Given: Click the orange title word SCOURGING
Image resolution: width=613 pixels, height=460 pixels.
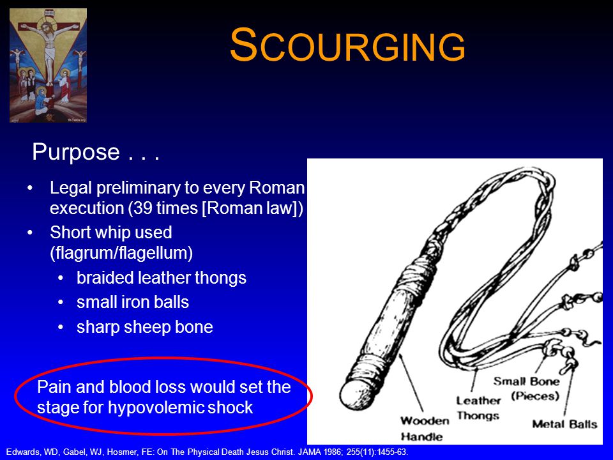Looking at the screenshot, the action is pos(347,45).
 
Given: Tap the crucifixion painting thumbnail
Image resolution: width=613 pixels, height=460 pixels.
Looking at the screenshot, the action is pos(48,65).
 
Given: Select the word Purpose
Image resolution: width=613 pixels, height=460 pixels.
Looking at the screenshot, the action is pos(76,152).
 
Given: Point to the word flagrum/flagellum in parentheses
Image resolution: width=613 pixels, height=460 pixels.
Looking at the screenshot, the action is pos(121,253).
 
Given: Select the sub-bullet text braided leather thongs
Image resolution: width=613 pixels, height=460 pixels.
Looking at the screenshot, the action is pos(162,278).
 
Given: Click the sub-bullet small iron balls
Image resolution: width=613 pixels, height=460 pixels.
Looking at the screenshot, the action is pos(133,302).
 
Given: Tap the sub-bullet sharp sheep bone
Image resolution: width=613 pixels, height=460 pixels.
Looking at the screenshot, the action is pos(145,327).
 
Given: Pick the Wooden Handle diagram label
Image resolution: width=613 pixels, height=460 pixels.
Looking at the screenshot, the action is pos(425,429).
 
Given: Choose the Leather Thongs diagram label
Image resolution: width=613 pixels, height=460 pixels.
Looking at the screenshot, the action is pos(478,408).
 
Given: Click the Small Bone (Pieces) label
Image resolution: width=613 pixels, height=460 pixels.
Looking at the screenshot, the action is pos(526,388).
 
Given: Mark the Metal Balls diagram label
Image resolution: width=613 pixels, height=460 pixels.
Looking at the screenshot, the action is pos(564,424).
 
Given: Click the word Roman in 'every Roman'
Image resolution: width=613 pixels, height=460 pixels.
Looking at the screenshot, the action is pos(276,188).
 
